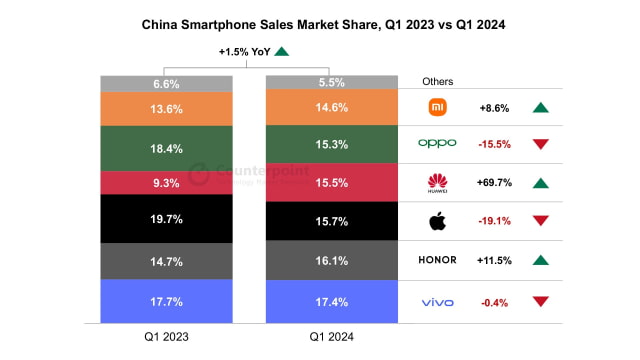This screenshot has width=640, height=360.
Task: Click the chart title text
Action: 320,23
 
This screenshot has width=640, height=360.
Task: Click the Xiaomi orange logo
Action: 437,105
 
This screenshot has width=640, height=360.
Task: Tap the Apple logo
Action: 437,221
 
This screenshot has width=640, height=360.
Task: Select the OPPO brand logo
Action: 437,143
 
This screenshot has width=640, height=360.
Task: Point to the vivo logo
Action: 437,301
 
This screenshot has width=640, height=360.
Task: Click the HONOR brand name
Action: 436,260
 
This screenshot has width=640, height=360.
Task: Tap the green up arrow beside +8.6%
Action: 541,106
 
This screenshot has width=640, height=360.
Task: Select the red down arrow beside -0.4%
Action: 541,301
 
